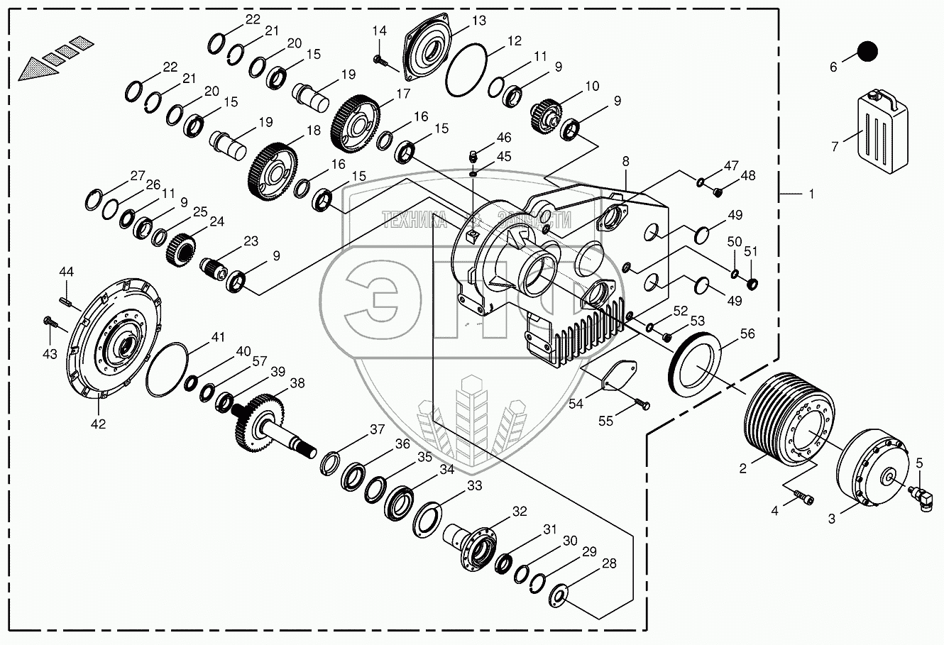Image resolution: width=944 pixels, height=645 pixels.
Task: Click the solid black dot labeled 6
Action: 867,51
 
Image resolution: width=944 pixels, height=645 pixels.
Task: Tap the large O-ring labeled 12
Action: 466,71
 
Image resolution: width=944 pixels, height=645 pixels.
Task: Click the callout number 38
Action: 297,383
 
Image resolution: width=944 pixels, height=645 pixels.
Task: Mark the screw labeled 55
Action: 642,405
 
